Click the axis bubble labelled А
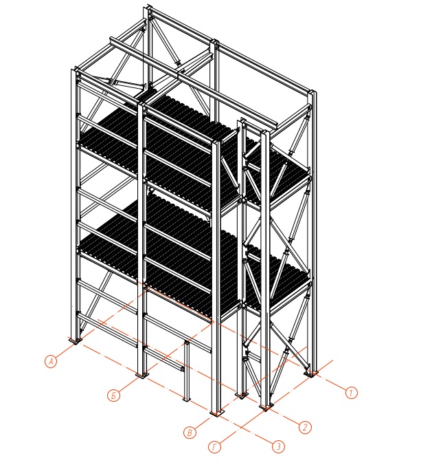pos(51,361)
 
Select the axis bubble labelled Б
pos(113,396)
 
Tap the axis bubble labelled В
pos(190,433)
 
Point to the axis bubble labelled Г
pos(214,447)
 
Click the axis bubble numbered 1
pos(351,393)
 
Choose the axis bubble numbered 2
pos(305,427)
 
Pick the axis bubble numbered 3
pos(279,446)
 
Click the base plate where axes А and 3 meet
pos(76,341)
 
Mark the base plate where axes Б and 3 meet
pos(142,375)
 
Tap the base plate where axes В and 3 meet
pos(217,413)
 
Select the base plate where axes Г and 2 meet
pos(266,407)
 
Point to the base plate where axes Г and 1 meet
pos(311,374)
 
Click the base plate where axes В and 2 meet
pos(242,395)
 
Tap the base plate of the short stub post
pos(187,399)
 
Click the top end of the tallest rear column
pos(148,7)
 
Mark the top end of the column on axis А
pos(75,70)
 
